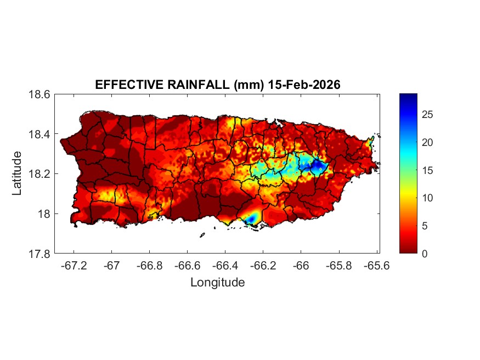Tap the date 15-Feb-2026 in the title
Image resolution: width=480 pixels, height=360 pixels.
pyautogui.click(x=305, y=85)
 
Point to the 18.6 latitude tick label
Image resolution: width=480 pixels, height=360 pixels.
pyautogui.click(x=40, y=94)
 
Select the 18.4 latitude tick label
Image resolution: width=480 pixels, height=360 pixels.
pyautogui.click(x=40, y=134)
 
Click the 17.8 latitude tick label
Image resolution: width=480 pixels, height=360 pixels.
pyautogui.click(x=40, y=254)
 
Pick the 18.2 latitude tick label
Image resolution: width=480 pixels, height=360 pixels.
pyautogui.click(x=40, y=174)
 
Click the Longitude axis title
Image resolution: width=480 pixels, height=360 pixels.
pyautogui.click(x=217, y=283)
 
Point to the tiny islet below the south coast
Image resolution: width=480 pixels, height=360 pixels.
pyautogui.click(x=202, y=235)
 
